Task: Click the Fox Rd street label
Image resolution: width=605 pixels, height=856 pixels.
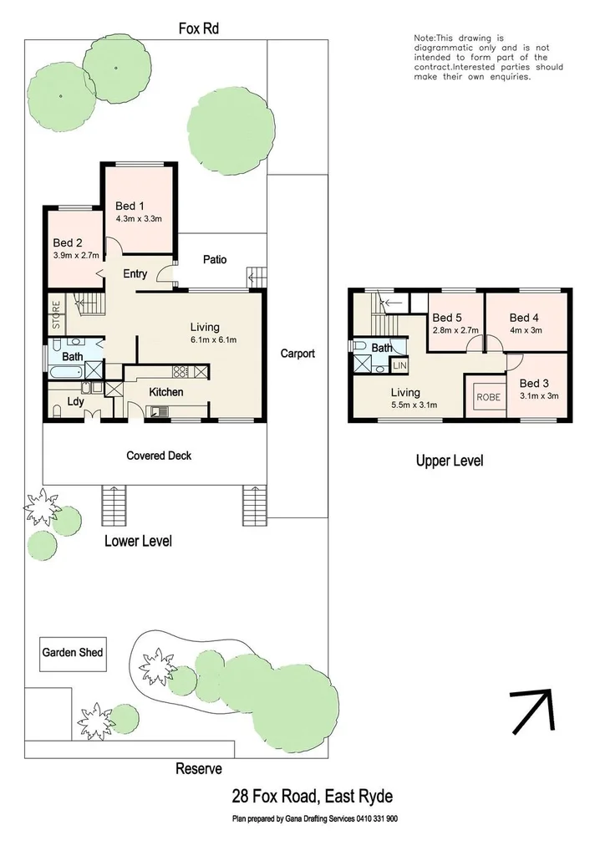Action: (199, 28)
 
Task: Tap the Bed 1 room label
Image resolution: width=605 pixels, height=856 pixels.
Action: (130, 206)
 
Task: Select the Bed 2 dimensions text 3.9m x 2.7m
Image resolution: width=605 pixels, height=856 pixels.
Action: (76, 256)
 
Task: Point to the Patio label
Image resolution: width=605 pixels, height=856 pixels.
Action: (215, 260)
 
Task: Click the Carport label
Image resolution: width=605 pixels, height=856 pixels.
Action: (297, 354)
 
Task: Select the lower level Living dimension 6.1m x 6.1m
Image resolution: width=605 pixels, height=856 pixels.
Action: (213, 340)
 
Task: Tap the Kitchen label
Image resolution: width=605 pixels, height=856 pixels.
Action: (166, 392)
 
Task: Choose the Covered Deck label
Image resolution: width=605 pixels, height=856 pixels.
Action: (159, 456)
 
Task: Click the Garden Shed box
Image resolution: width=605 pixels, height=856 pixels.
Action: (73, 652)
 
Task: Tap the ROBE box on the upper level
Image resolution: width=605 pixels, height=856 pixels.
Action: (489, 397)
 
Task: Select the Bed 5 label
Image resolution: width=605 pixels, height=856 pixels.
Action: (446, 318)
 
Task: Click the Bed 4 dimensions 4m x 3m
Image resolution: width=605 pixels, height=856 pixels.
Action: (526, 330)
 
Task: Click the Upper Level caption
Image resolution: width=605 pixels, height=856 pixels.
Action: (450, 461)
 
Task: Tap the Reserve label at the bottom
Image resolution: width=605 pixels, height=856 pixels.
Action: (198, 769)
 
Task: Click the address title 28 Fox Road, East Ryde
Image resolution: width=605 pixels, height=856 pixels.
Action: (312, 797)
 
